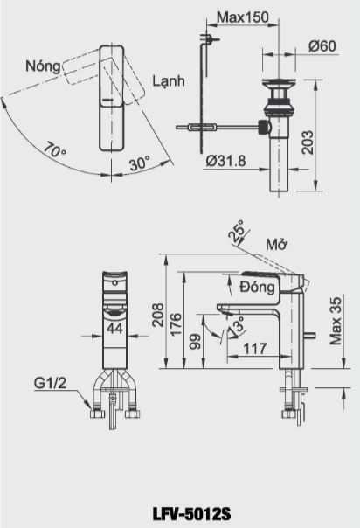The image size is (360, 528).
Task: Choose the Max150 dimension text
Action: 242,17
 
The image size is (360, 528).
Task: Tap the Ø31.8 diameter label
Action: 226,160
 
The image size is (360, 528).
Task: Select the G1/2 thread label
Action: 51,383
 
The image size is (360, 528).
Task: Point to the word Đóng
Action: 257,285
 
